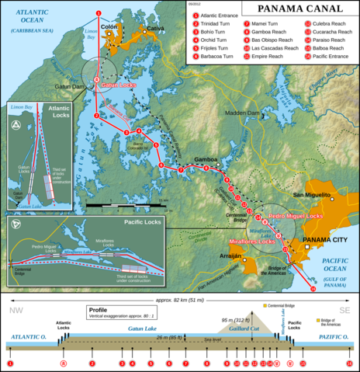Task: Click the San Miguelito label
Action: (312, 193)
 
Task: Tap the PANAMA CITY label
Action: (324, 240)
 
